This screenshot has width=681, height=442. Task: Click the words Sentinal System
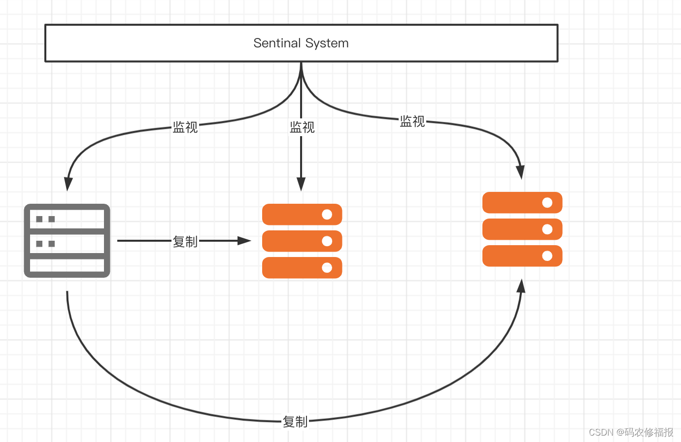click(301, 43)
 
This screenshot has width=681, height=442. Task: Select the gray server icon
click(67, 240)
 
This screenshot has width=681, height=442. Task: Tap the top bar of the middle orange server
click(302, 214)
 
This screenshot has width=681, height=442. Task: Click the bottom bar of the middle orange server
click(302, 267)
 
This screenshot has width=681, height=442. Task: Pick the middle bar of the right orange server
click(522, 229)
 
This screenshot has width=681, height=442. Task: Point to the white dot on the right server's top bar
click(547, 202)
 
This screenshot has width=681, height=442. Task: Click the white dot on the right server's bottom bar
click(547, 256)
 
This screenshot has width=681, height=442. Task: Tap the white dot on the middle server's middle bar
click(327, 241)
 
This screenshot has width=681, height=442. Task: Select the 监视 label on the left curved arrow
click(185, 127)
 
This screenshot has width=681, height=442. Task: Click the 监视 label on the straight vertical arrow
click(302, 127)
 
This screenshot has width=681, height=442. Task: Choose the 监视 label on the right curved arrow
click(412, 121)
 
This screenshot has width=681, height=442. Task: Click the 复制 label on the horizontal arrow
click(185, 242)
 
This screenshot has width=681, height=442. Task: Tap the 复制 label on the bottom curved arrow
click(295, 422)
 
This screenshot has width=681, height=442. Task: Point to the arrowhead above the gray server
click(68, 184)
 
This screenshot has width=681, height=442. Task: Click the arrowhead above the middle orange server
click(301, 184)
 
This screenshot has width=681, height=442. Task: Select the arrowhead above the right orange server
click(520, 173)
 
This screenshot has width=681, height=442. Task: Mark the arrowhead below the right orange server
click(521, 286)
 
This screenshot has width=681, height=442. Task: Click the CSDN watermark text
click(631, 432)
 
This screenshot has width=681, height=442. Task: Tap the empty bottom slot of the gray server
click(67, 265)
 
